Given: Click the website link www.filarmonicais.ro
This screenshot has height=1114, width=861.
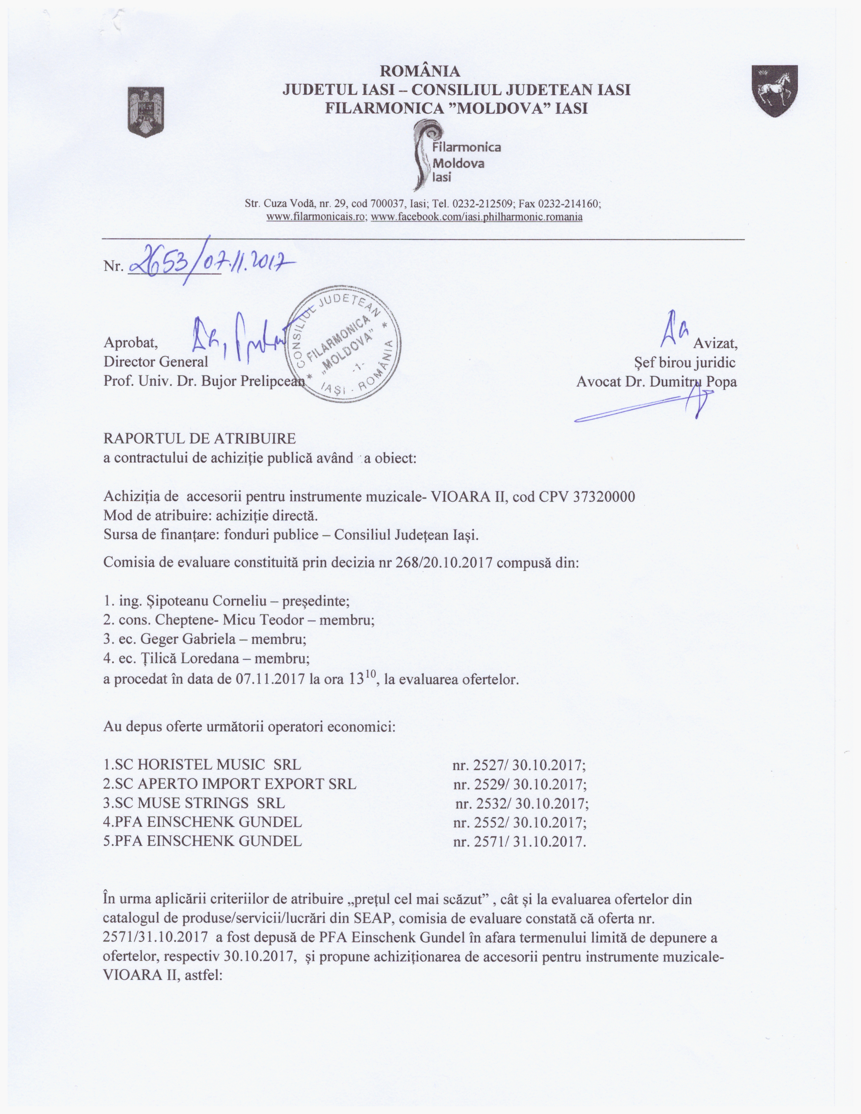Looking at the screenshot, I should coord(316,217).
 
